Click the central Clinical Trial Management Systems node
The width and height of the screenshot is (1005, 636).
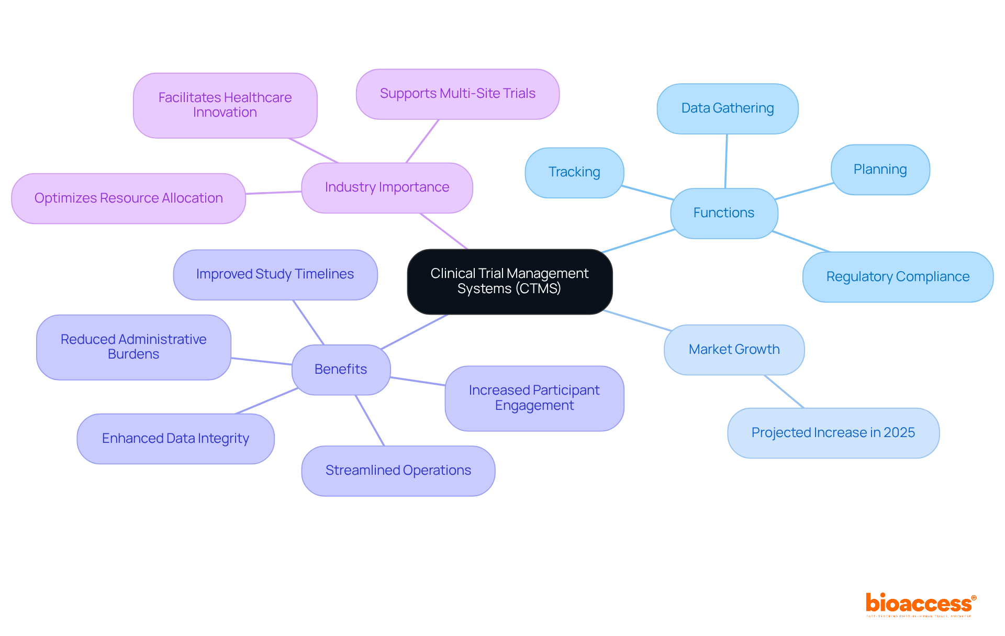click(x=509, y=282)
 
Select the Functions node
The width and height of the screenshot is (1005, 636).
click(x=724, y=213)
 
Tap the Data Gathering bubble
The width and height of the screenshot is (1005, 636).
click(x=728, y=108)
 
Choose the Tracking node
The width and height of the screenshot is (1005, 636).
click(x=574, y=172)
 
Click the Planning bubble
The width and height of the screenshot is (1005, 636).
click(x=880, y=170)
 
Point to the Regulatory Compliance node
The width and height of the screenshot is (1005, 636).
click(x=898, y=277)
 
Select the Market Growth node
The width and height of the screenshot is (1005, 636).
click(x=734, y=350)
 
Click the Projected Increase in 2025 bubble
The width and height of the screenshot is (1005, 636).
click(x=833, y=433)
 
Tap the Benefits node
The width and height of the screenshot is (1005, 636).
click(x=341, y=370)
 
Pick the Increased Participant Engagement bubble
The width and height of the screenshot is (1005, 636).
click(x=534, y=398)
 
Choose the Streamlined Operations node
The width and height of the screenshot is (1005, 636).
click(x=398, y=471)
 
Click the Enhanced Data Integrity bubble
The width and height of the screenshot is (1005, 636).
click(x=175, y=439)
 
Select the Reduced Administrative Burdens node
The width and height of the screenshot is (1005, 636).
click(x=133, y=347)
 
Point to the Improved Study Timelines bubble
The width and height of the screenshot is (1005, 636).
click(x=275, y=274)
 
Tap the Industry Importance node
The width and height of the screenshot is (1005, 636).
click(x=387, y=187)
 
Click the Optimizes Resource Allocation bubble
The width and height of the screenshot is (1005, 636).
click(x=128, y=198)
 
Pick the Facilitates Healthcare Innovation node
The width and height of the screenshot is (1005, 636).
click(x=225, y=105)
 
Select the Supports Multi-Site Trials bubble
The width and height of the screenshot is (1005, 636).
click(x=457, y=94)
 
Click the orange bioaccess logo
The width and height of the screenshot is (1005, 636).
click(x=920, y=604)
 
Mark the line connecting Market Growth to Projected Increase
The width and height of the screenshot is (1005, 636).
click(x=784, y=391)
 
